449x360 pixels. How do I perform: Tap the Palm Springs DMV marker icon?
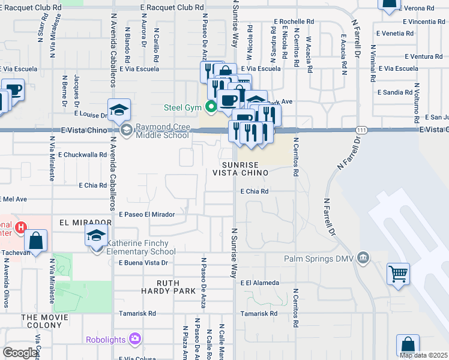(x=363, y=259)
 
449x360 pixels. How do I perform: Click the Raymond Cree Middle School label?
(x=162, y=131)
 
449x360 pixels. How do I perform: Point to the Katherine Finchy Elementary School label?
(x=142, y=247)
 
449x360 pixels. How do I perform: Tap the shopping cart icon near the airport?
(x=398, y=274)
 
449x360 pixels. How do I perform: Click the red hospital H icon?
(x=21, y=227)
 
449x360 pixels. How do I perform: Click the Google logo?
(x=20, y=353)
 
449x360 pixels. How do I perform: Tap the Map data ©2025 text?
(x=423, y=355)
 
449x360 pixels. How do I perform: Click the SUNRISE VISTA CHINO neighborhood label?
(x=240, y=168)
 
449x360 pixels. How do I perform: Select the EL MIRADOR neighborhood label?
(x=85, y=222)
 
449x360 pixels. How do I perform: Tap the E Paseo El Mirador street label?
(x=146, y=214)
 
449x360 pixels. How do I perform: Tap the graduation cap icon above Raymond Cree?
(x=119, y=109)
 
